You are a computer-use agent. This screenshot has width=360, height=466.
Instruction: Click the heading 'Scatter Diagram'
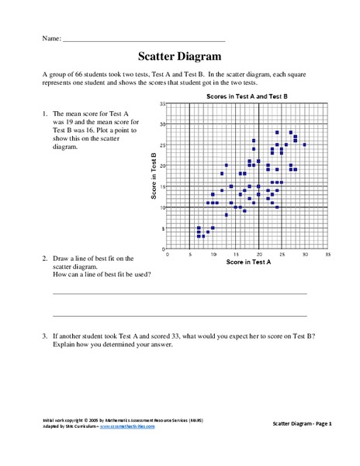[179, 56]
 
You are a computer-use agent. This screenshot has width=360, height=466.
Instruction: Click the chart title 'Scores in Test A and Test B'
[247, 96]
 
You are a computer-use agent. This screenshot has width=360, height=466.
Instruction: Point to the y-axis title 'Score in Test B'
[154, 176]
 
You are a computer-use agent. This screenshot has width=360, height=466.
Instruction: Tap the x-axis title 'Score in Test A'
[247, 263]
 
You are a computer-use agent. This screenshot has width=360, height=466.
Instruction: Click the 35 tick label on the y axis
[161, 103]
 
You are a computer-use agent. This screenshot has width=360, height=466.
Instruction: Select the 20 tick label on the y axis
[161, 165]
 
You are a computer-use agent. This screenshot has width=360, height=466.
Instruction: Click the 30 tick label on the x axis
[305, 254]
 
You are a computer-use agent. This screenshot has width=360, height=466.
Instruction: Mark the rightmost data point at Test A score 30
[305, 144]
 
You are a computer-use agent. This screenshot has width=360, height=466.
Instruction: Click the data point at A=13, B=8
[227, 215]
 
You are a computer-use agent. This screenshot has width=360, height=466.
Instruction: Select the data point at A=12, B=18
[222, 173]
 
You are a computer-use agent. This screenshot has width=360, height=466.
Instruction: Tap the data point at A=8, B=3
[203, 236]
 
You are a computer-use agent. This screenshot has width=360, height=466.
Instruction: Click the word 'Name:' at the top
[50, 37]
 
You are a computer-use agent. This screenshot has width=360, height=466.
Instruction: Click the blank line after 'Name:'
[144, 39]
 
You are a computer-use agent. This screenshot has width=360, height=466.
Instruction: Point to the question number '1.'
[46, 115]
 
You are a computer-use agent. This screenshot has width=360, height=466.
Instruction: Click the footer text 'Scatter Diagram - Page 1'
[303, 423]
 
